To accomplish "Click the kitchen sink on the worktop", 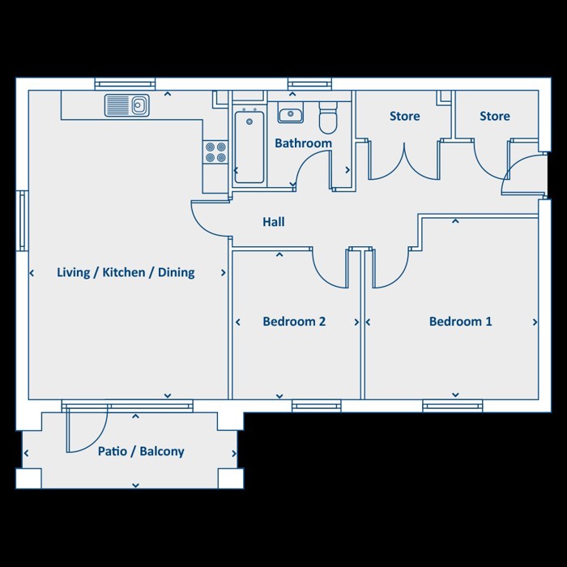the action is (x=127, y=105).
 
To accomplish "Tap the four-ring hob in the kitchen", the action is (x=215, y=152).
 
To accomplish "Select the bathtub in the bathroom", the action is (x=249, y=147).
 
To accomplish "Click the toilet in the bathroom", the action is (x=328, y=117).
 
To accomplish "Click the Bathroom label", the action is (x=304, y=143).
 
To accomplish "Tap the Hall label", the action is (x=274, y=222).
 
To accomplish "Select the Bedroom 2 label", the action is (x=294, y=322).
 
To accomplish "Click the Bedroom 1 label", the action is (x=461, y=322).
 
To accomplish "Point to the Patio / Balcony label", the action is (x=141, y=451).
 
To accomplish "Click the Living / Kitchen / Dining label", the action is (x=126, y=272).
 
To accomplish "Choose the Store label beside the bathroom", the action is (x=405, y=116).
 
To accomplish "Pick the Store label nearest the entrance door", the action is (x=495, y=116).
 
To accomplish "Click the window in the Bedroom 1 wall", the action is (x=452, y=405).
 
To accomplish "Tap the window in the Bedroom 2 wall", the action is (x=317, y=405).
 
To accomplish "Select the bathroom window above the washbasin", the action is (x=309, y=84).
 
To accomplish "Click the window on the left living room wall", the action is (x=23, y=220).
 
